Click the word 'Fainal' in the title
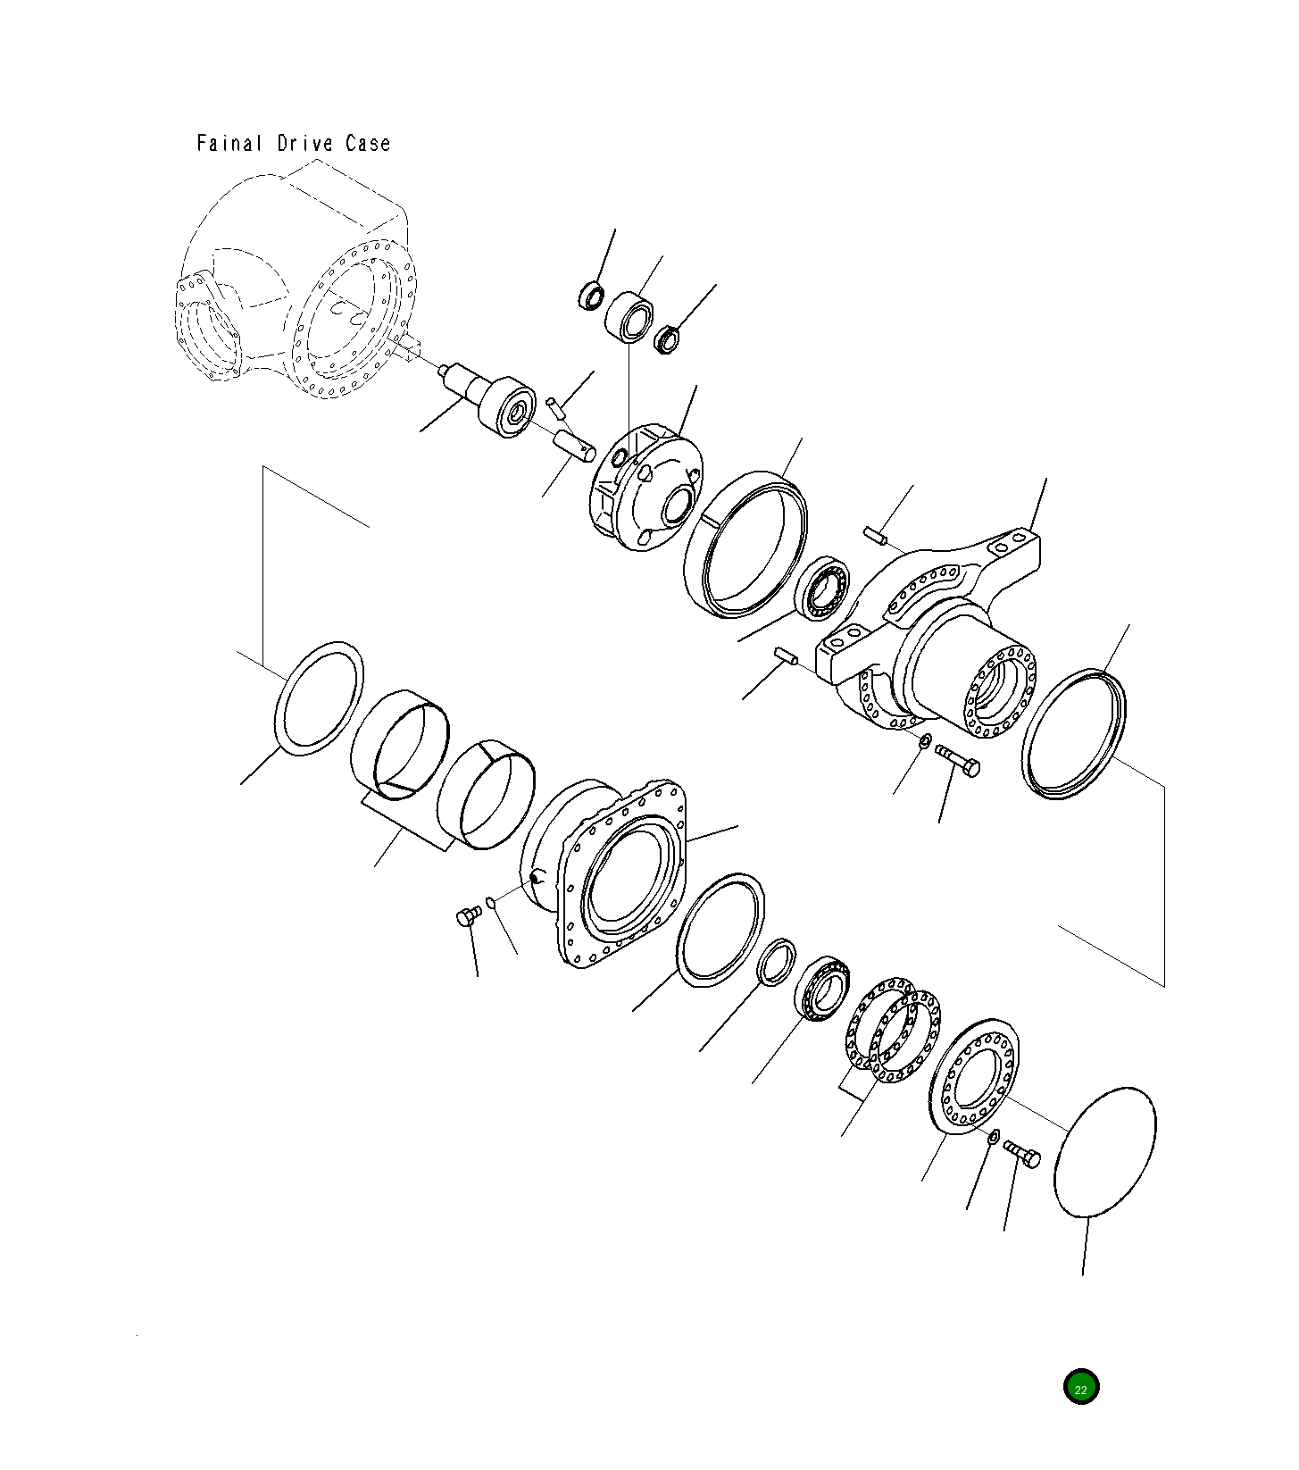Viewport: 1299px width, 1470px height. (229, 143)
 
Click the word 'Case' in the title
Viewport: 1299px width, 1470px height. (368, 143)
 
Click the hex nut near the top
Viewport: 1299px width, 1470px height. (667, 339)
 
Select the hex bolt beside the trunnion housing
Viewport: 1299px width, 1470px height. (959, 762)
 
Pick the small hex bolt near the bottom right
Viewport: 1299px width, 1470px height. (1023, 1154)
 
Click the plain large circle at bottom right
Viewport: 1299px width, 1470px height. (1105, 1152)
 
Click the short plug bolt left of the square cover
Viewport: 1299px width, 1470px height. (468, 916)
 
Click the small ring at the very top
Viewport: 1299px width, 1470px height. (591, 295)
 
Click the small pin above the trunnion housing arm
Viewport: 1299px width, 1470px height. (874, 534)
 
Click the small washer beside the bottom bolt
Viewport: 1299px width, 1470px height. (993, 1136)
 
